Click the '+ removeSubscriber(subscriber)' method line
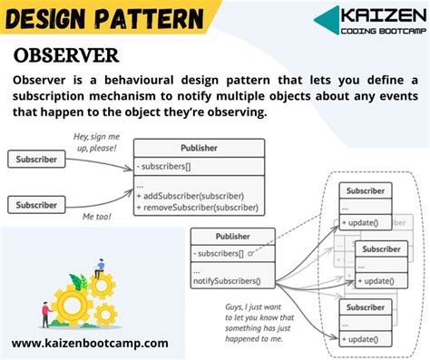198,208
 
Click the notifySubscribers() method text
231,281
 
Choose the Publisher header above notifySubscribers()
231,236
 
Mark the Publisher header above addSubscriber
199,147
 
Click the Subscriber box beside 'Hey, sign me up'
36,160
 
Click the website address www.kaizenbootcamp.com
90,343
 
